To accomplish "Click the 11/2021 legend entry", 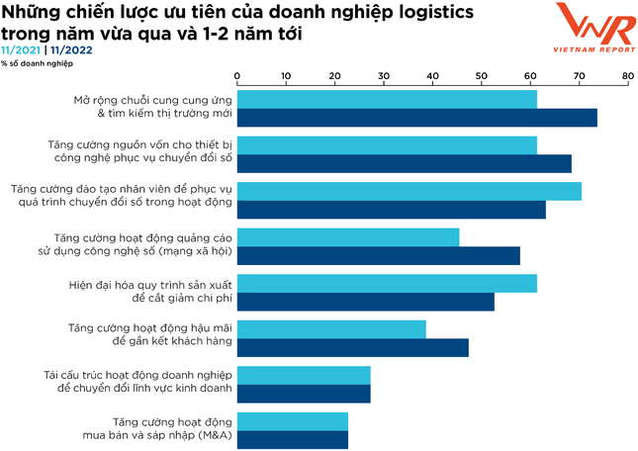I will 21,49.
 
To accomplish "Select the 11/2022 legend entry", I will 72,49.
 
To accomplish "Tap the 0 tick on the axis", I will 237,75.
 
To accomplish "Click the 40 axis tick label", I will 432,75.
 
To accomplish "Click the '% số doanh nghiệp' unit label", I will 37,63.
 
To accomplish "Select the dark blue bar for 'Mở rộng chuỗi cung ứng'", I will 416,119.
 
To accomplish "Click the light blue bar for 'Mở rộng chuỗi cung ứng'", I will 387,99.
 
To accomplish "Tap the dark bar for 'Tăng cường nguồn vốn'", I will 404,164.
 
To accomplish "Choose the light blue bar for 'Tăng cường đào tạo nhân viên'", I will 409,191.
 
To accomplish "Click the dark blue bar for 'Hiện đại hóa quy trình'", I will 365,303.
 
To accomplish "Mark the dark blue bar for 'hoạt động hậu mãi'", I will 352,348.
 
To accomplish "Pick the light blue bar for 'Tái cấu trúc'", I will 304,375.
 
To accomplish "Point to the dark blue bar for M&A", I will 293,440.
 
